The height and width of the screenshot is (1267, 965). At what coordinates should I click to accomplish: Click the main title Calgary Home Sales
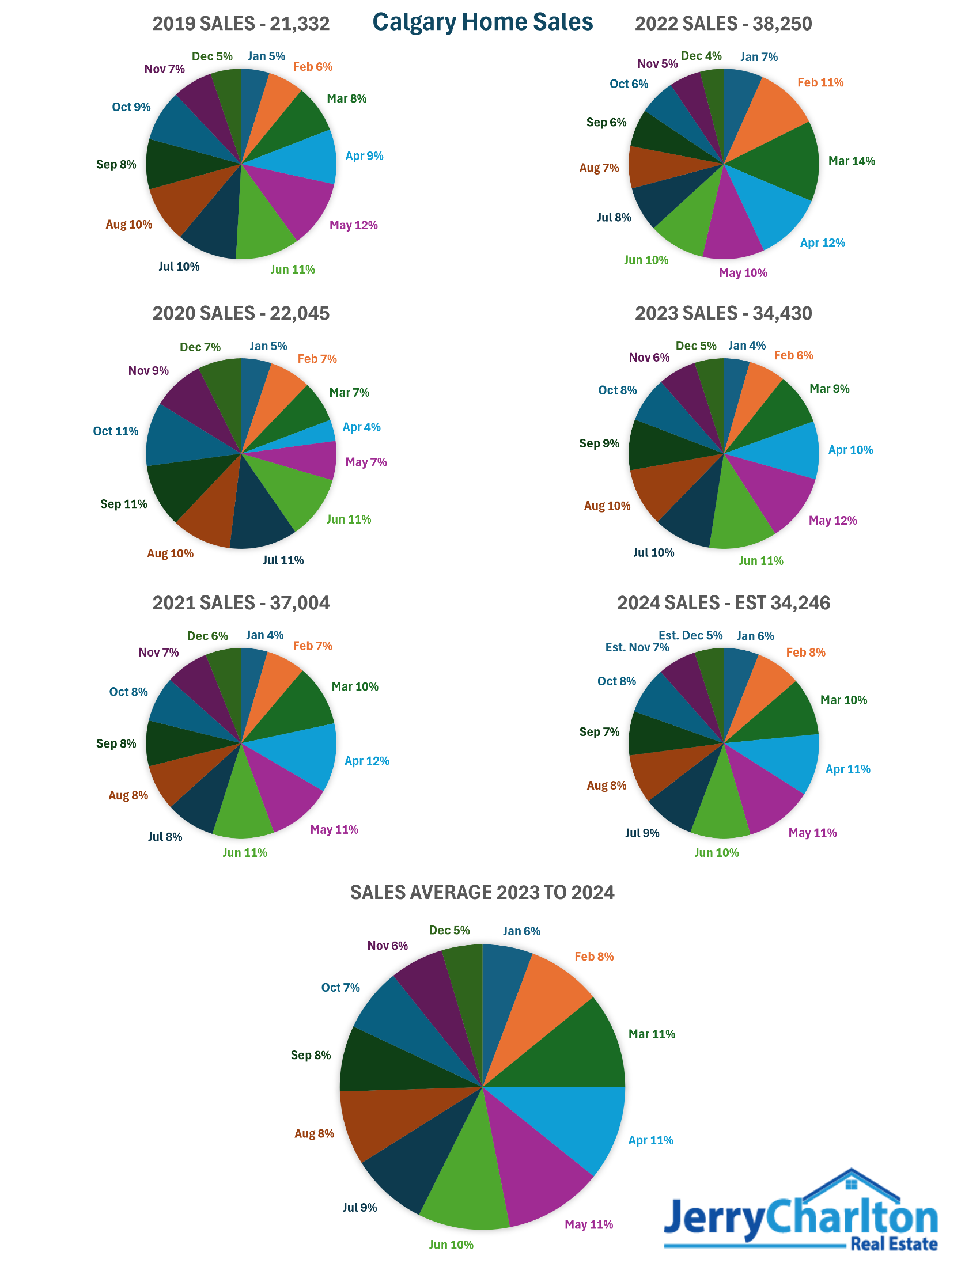point(482,22)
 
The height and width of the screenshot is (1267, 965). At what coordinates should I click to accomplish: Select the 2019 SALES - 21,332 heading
point(240,24)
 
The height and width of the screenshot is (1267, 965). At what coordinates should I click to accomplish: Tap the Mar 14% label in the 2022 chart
point(851,161)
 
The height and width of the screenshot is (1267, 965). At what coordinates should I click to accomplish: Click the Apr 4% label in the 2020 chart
point(361,427)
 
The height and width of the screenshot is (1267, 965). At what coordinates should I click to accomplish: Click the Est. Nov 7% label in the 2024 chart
point(637,647)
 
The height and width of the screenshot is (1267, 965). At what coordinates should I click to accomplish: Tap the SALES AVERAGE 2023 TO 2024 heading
point(482,892)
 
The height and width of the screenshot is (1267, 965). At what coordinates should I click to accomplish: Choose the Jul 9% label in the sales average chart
point(359,1208)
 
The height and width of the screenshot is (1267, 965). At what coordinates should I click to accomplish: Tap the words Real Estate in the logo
point(894,1244)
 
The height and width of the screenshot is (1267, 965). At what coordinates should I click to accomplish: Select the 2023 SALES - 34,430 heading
point(723,313)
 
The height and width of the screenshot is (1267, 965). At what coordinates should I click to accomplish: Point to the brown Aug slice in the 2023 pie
point(668,487)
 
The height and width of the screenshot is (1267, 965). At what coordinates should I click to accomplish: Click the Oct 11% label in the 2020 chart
point(115,431)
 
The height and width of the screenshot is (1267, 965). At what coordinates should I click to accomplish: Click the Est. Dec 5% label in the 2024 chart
point(690,635)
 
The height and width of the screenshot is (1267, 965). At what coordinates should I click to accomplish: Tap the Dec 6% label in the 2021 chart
point(207,636)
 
